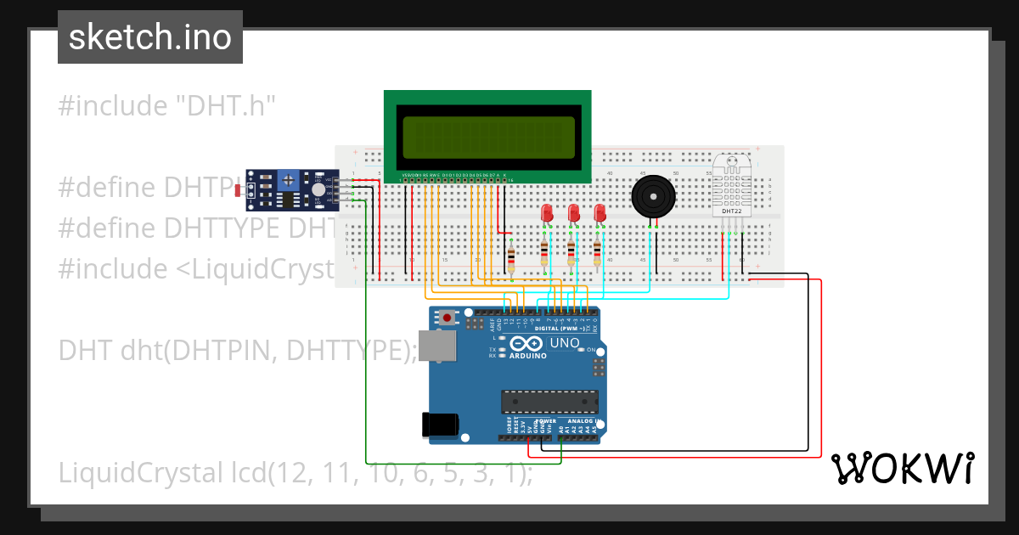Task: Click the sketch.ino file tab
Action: pos(150,37)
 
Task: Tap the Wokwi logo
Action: pos(902,469)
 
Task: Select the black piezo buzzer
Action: pos(653,197)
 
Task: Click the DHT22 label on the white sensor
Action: pos(732,210)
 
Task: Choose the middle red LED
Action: pos(574,212)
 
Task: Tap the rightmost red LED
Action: pos(600,212)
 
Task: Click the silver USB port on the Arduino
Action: pos(437,347)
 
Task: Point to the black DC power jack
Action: pos(442,424)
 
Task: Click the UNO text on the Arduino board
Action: pos(565,343)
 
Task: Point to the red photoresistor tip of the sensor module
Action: pos(240,189)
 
